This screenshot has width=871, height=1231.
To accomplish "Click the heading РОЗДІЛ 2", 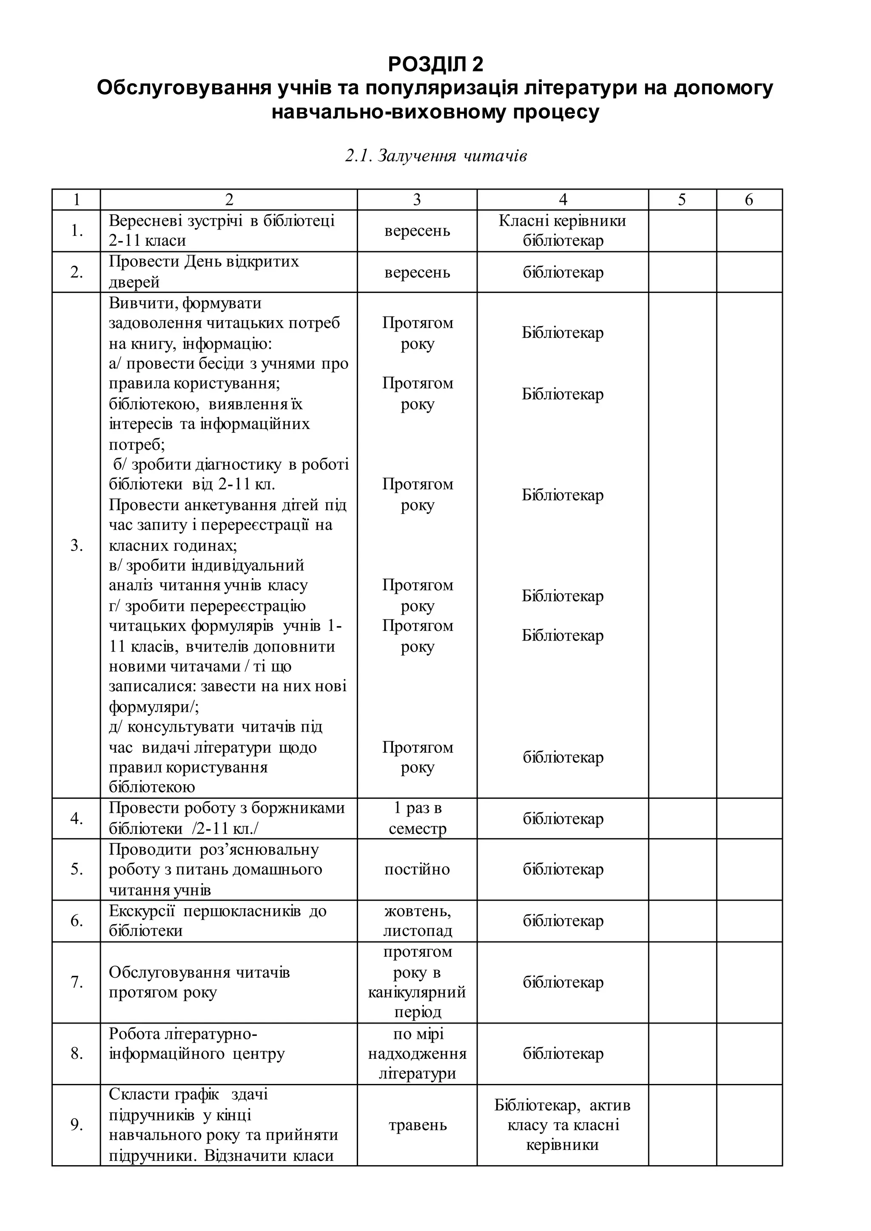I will (x=435, y=64).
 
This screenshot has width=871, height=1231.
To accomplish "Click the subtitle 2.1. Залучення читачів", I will (x=435, y=156).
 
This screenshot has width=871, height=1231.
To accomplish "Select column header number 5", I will (x=682, y=199).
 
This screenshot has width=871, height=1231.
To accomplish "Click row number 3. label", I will (x=76, y=545).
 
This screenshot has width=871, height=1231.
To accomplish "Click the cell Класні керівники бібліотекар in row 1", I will (x=562, y=230).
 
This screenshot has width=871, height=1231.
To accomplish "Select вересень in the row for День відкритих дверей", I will (x=417, y=272).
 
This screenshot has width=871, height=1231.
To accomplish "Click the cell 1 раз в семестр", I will (x=417, y=818).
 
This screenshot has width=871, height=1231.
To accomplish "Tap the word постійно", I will (x=417, y=869).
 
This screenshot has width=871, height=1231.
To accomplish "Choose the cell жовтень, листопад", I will (x=417, y=921).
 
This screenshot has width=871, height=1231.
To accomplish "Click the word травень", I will (x=417, y=1125).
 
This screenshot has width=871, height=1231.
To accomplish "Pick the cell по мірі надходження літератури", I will (x=417, y=1054).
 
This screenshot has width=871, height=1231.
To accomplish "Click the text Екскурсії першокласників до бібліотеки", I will (x=217, y=921).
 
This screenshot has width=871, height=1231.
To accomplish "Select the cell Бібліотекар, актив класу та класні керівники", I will (x=562, y=1125).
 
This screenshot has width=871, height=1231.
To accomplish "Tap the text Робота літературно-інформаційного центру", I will (x=196, y=1044).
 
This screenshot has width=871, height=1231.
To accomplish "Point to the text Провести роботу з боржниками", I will (x=226, y=808).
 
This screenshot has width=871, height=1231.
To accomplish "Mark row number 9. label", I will (x=76, y=1125).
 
